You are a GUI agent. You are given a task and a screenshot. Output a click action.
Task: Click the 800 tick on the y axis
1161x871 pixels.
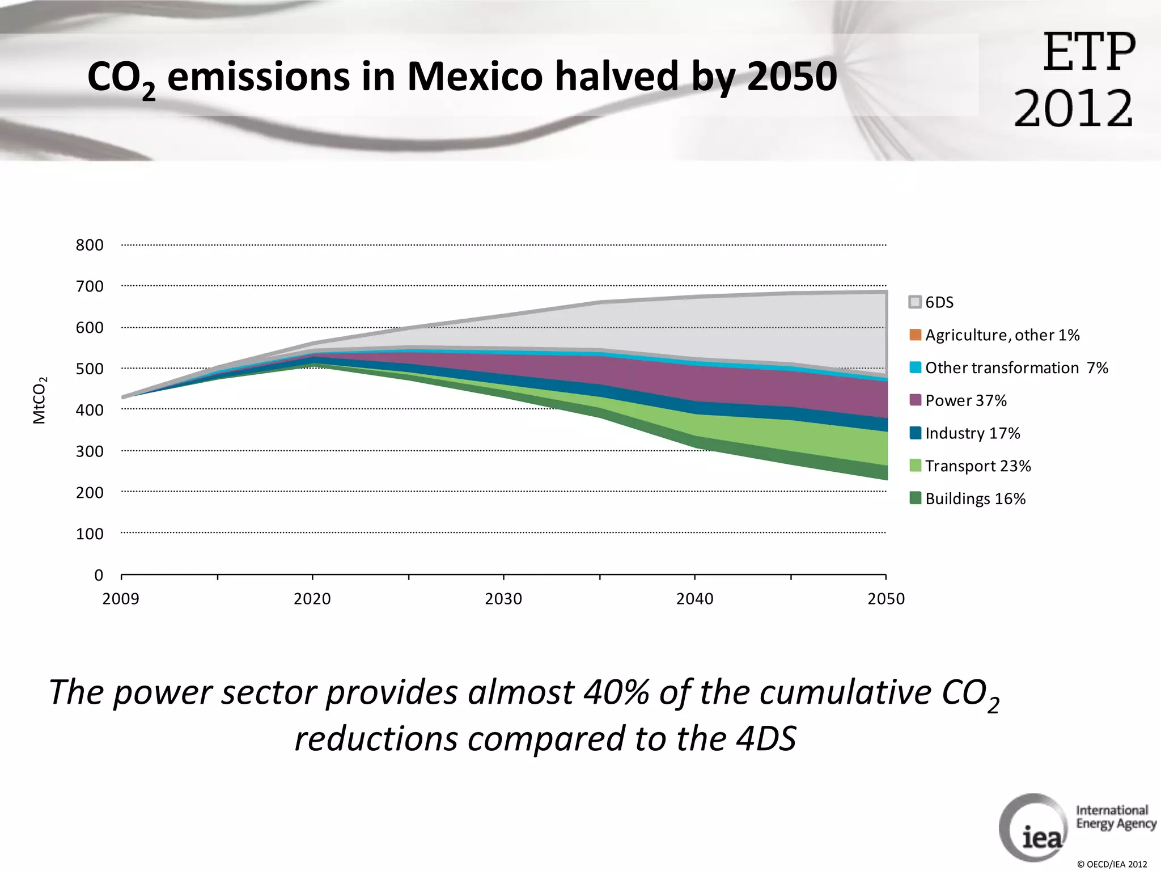tap(90, 245)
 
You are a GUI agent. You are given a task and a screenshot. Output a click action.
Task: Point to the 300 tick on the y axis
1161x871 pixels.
tap(90, 451)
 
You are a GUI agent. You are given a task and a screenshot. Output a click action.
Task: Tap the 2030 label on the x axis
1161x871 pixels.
tap(503, 599)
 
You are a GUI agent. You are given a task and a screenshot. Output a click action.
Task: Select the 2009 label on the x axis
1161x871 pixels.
tap(121, 599)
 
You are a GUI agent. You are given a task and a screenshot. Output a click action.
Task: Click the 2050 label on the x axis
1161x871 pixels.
tap(886, 599)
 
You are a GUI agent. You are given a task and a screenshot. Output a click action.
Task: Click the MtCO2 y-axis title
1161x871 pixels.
tap(39, 400)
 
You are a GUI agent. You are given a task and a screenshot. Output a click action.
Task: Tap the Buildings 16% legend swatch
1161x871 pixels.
tap(915, 498)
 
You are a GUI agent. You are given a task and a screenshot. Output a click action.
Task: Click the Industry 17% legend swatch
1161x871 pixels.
tap(915, 433)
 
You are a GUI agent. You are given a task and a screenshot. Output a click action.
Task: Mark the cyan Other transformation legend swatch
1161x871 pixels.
tap(915, 367)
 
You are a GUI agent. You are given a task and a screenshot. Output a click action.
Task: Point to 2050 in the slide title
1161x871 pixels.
tap(791, 77)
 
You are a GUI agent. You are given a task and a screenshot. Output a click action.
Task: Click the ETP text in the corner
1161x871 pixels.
tap(1088, 52)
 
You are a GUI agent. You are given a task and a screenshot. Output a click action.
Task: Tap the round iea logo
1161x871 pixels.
tap(1033, 828)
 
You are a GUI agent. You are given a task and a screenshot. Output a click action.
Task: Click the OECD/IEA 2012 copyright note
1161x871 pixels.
tap(1112, 864)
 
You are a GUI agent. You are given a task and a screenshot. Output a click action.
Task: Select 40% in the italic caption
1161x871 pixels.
tap(616, 693)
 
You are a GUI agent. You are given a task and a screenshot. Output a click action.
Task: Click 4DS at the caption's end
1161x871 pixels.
tap(766, 739)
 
